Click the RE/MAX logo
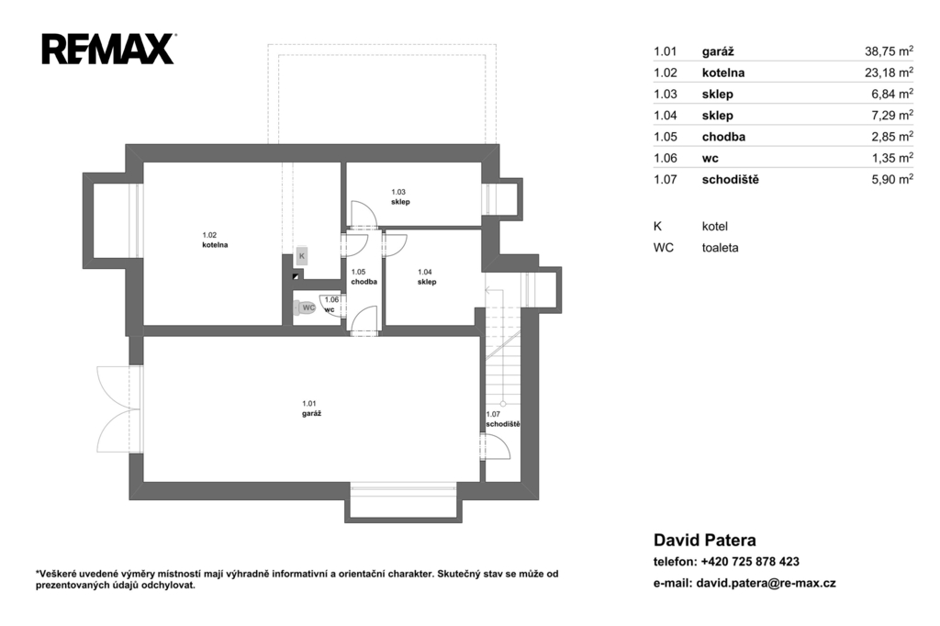(108, 49)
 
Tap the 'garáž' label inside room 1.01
(312, 413)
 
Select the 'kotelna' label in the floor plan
(215, 245)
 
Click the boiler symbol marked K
(301, 256)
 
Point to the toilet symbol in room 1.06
(305, 307)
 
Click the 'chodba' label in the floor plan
(364, 281)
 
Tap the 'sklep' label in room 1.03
(400, 202)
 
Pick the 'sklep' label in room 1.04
(427, 282)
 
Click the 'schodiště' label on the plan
(503, 424)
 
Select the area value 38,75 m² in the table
(889, 51)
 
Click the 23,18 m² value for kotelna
(889, 73)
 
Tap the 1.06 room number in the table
(665, 158)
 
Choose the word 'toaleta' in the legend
(720, 248)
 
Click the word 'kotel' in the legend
(714, 226)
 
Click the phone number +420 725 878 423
(750, 561)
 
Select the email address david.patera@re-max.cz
(767, 583)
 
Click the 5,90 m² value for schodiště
(892, 179)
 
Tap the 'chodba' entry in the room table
(723, 137)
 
